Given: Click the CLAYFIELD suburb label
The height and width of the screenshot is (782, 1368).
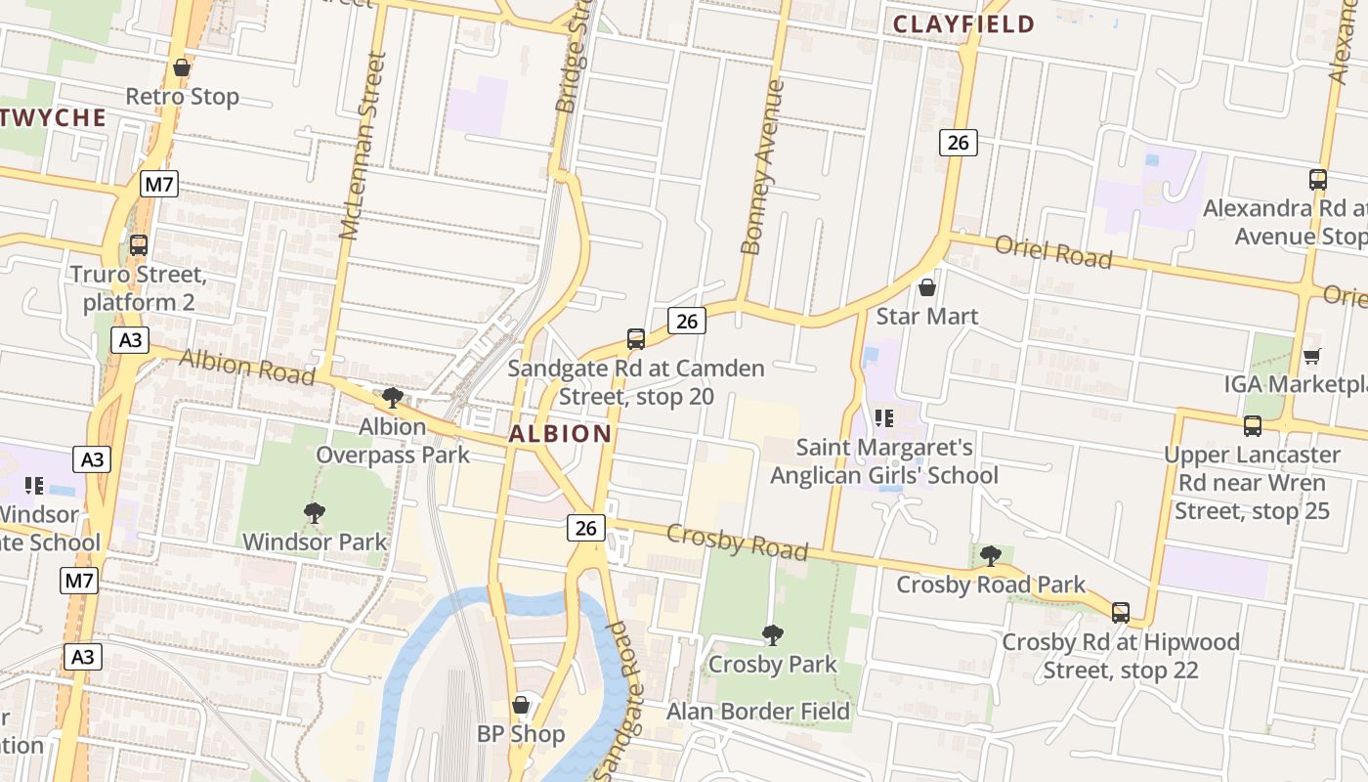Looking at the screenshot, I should pyautogui.click(x=963, y=24).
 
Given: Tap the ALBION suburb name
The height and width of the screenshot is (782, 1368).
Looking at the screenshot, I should pyautogui.click(x=561, y=433).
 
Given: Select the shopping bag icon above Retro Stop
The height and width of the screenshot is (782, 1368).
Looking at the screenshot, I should pyautogui.click(x=181, y=67).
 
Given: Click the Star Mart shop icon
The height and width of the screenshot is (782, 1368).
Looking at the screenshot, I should pyautogui.click(x=926, y=287).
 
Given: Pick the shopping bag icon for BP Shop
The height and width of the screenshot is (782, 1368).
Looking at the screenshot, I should pyautogui.click(x=521, y=705).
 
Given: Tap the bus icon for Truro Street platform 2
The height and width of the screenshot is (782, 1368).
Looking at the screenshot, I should pyautogui.click(x=139, y=245).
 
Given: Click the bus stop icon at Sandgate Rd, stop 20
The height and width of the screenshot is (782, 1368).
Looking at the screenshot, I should pyautogui.click(x=635, y=339).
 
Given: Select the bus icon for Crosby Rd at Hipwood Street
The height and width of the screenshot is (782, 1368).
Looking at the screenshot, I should pyautogui.click(x=1120, y=613).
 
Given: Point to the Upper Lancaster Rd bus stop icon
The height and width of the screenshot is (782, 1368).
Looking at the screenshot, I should pyautogui.click(x=1252, y=426).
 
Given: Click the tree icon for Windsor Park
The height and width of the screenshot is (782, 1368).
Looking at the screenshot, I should pyautogui.click(x=314, y=513).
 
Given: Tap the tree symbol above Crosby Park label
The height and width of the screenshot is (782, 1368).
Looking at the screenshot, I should pyautogui.click(x=772, y=635).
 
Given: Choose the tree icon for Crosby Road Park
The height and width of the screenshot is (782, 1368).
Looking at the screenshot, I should pyautogui.click(x=990, y=556).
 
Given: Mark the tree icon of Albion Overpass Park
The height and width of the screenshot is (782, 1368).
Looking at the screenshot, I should pyautogui.click(x=392, y=397).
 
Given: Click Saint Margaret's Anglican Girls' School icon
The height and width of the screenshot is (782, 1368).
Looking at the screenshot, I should pyautogui.click(x=884, y=418).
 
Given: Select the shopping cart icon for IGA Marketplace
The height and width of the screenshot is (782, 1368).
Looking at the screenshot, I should pyautogui.click(x=1311, y=356).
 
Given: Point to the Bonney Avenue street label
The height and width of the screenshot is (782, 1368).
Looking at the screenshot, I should pyautogui.click(x=763, y=167).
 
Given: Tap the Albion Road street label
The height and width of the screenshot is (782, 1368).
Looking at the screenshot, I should pyautogui.click(x=246, y=368).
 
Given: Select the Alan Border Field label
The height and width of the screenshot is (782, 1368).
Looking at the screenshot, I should pyautogui.click(x=757, y=712).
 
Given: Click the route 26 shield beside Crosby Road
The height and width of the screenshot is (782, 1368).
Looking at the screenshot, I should pyautogui.click(x=585, y=528).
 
